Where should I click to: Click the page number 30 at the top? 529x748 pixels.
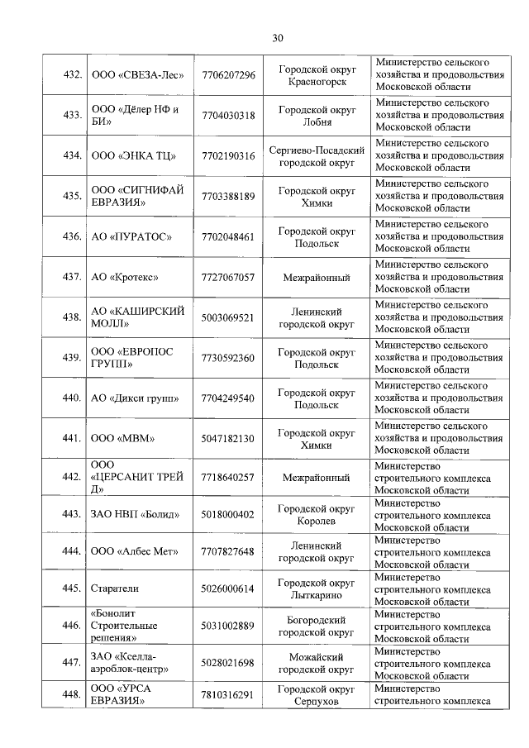pos(278,38)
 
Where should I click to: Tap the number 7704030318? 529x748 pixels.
pos(228,116)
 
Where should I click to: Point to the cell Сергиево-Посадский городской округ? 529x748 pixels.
pos(317,156)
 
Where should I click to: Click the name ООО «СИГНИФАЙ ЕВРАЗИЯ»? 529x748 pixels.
pos(132,196)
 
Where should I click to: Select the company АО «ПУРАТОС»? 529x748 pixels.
pos(131,237)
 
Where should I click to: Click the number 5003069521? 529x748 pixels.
pos(228,317)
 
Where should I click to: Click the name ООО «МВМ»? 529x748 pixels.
pos(122,438)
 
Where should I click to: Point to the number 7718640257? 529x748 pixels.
pos(228,478)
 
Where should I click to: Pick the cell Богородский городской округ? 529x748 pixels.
pos(317,626)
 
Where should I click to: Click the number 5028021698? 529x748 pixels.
pos(228,663)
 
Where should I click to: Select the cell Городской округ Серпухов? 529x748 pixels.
pos(317,695)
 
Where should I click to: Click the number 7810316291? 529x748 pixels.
pos(228,695)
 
